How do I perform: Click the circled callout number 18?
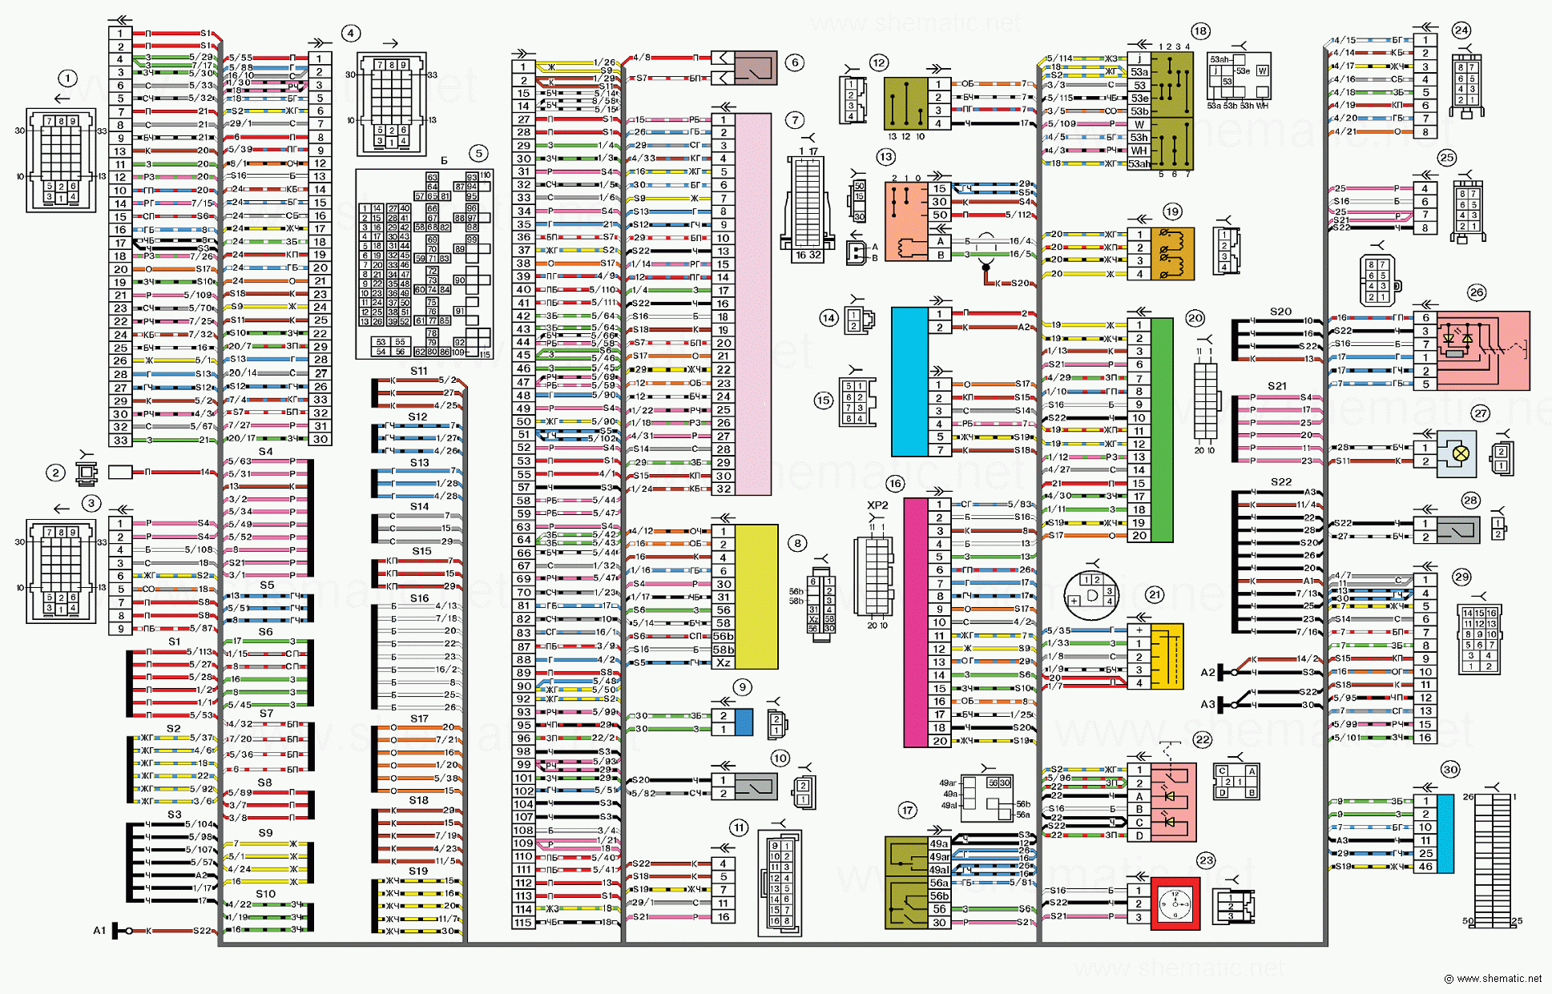point(1199,31)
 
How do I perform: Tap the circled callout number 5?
point(478,153)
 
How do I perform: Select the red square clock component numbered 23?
point(1175,903)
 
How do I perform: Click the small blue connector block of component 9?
point(744,722)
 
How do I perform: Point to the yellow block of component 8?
point(756,597)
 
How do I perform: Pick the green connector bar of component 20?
point(1162,430)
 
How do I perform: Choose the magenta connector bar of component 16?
point(915,622)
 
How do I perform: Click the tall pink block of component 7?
point(752,304)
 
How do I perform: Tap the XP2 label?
point(877,505)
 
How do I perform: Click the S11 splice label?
point(418,371)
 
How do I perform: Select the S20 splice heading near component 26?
point(1280,312)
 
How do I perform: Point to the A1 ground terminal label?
point(99,931)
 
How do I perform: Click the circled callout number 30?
point(1450,770)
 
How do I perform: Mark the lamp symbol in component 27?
point(1461,453)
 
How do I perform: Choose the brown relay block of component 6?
point(756,68)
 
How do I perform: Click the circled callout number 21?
point(1154,594)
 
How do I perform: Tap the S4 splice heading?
point(265,452)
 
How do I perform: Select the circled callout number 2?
point(55,473)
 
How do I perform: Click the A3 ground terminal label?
point(1207,704)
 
